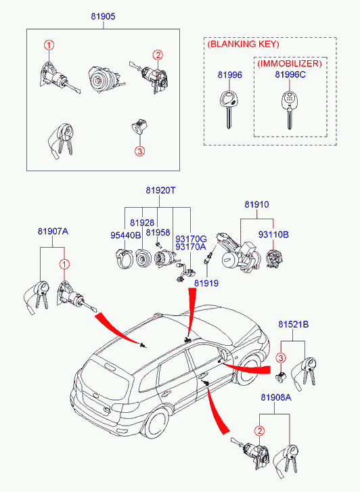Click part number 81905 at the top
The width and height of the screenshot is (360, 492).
tap(104, 16)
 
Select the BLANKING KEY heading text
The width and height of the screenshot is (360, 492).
tap(243, 44)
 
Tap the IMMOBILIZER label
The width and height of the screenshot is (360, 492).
tap(290, 64)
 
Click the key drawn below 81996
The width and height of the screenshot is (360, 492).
tap(229, 109)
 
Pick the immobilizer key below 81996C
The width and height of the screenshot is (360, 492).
tap(289, 110)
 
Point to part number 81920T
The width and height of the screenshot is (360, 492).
tap(160, 190)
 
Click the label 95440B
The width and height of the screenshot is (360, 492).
tap(126, 236)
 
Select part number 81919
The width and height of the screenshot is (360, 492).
tap(206, 283)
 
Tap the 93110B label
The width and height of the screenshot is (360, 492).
tap(273, 234)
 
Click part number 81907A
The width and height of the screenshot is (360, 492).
tap(53, 231)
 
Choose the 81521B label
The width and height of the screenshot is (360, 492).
tap(294, 324)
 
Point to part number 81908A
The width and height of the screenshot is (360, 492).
tap(276, 397)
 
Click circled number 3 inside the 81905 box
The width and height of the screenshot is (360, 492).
tap(139, 151)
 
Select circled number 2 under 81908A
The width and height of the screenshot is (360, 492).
tap(260, 431)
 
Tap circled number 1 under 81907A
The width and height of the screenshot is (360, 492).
tap(64, 265)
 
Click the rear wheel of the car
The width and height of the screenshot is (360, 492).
tap(156, 424)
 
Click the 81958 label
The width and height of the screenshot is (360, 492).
tap(158, 233)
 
